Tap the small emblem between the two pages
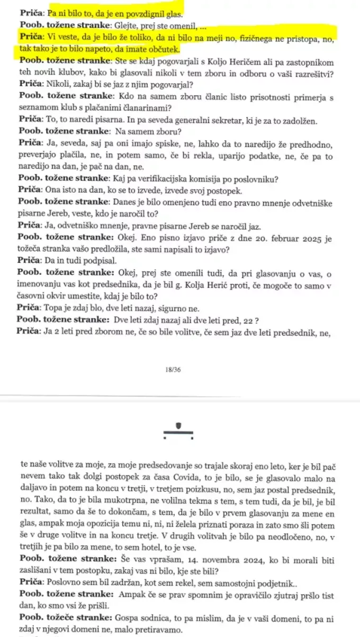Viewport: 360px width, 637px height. pos(178,429)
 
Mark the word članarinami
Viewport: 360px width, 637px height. pos(148,109)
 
